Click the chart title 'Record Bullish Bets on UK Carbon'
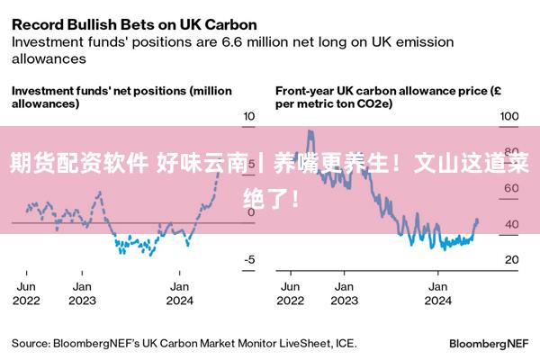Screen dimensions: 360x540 pos(133,23)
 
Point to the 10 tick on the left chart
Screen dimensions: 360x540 pos(249,116)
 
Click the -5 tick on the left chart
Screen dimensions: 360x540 pos(249,259)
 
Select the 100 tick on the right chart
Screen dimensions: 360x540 pos(509,116)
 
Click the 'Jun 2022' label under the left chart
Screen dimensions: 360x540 pos(26,293)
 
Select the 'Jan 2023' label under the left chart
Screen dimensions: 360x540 pos(82,293)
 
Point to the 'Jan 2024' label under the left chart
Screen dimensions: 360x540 pos(179,293)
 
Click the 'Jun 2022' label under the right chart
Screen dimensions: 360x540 pos(291,293)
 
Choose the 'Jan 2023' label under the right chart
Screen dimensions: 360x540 pos(343,293)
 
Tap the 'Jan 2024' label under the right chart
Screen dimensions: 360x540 pos(437,293)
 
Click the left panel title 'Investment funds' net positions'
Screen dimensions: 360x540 pos(121,96)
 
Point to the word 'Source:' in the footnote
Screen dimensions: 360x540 pos(31,343)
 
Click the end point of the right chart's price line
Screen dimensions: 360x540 pos(476,220)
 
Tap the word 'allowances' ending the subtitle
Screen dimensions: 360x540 pos(48,58)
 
